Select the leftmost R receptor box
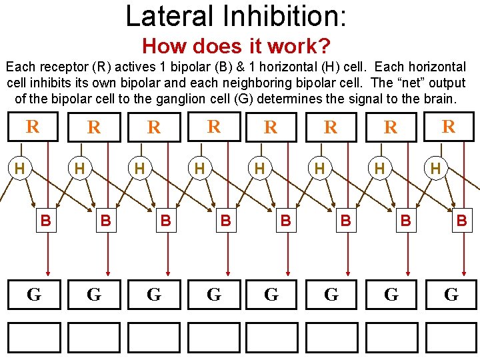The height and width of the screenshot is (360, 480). tap(31, 126)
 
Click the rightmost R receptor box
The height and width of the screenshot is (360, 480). tap(449, 126)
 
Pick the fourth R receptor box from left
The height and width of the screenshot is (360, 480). tap(213, 126)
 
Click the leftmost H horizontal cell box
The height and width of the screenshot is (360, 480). tap(20, 169)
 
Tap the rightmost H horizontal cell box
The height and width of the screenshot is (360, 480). tap(435, 169)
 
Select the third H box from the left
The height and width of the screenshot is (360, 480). tap(139, 169)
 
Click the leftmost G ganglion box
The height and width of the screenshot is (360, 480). tap(34, 294)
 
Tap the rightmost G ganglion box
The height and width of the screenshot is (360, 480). tap(451, 294)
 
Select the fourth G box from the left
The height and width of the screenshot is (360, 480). tap(214, 294)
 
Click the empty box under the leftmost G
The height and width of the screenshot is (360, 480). tap(34, 337)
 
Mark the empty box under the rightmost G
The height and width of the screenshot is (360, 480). tap(451, 337)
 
